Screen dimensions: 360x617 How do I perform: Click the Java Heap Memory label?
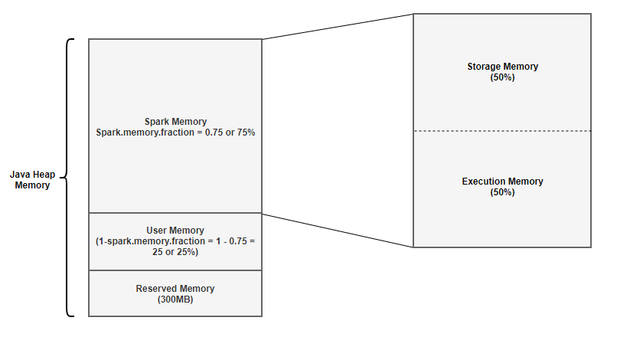[x=32, y=180]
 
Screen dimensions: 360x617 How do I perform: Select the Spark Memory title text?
[x=175, y=121]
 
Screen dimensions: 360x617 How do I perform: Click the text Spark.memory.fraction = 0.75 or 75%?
[x=175, y=132]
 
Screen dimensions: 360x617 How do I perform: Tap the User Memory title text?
[x=175, y=231]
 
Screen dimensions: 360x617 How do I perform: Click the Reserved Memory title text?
[x=175, y=289]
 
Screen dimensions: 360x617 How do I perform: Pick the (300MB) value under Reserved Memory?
[x=175, y=299]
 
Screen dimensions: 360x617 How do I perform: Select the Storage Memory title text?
[x=502, y=67]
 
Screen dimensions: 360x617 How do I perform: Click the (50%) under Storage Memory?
[x=502, y=77]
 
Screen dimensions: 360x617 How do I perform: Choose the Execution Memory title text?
[x=502, y=182]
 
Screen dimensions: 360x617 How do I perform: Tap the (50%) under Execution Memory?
[x=502, y=192]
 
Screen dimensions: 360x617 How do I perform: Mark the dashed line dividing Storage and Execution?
[x=502, y=131]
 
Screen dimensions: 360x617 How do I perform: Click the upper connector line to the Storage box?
[x=337, y=26]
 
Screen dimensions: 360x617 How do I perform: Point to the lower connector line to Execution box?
[x=337, y=230]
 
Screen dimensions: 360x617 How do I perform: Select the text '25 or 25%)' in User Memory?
[x=175, y=252]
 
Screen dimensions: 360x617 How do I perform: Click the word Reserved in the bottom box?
[x=156, y=289]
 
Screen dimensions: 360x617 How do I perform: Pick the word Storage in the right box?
[x=484, y=67]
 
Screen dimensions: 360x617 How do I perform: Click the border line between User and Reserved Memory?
[x=175, y=270]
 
